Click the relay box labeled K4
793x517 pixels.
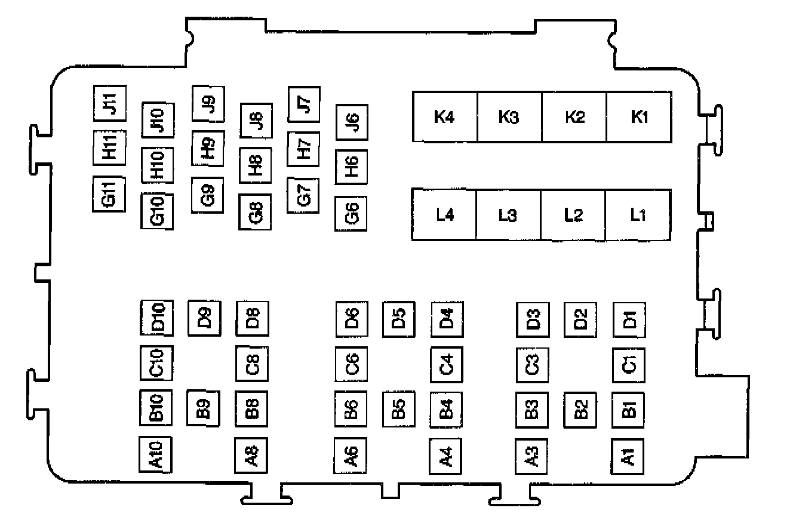tap(444, 117)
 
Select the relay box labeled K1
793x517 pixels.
tap(639, 117)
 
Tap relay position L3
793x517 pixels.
tap(508, 215)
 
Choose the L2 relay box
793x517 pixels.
tap(573, 215)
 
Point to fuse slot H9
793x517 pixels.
tap(208, 148)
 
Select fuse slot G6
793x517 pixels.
tap(351, 213)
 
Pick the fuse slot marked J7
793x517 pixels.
tap(303, 104)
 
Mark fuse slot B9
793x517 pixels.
tap(203, 408)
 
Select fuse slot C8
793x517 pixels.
tap(252, 363)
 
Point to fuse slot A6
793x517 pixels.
tap(351, 455)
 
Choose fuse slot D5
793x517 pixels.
tap(398, 319)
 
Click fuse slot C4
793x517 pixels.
tap(447, 364)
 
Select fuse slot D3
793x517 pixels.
tap(533, 320)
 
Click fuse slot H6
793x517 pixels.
tap(351, 166)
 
